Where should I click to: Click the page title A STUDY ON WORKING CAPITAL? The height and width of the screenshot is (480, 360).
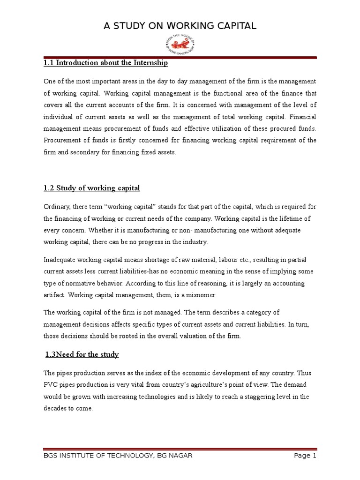click(180, 26)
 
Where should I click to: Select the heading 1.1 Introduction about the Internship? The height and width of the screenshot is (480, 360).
click(105, 63)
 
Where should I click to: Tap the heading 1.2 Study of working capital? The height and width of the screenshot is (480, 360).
click(92, 188)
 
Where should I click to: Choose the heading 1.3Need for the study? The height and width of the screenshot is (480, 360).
click(82, 354)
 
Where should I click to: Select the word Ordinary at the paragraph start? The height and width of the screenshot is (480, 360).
click(57, 206)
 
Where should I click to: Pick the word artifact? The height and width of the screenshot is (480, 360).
click(53, 296)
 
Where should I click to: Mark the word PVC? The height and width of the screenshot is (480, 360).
click(50, 384)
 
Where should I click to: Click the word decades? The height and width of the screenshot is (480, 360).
click(55, 408)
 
